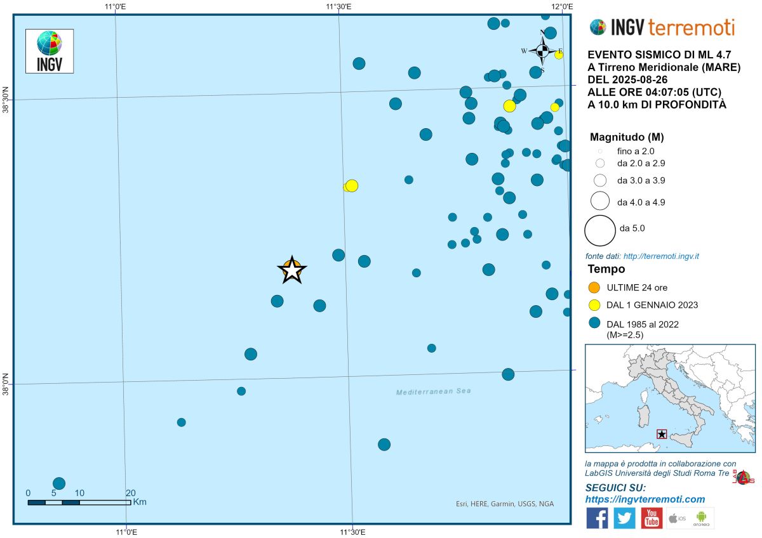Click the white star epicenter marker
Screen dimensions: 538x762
tap(291, 271)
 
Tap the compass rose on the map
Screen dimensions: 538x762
tap(542, 50)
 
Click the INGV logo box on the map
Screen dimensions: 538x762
tap(49, 51)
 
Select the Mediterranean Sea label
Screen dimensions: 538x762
tap(434, 391)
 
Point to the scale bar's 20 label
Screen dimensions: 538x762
tap(130, 493)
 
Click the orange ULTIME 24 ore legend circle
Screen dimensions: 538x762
tap(595, 287)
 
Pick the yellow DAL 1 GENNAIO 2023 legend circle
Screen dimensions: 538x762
tap(595, 305)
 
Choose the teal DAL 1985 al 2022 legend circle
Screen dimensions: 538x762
tap(595, 324)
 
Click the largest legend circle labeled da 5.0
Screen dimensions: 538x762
tap(599, 230)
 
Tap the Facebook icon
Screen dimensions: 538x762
tap(597, 518)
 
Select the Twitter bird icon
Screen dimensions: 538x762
tap(624, 518)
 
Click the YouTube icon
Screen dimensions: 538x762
tap(652, 518)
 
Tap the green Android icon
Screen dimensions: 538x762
tap(702, 518)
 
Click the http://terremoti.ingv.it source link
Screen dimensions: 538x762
tap(661, 256)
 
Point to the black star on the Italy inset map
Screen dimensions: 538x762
tap(662, 434)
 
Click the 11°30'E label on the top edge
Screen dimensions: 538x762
tap(339, 7)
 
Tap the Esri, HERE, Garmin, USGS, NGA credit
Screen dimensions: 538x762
tap(504, 504)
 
